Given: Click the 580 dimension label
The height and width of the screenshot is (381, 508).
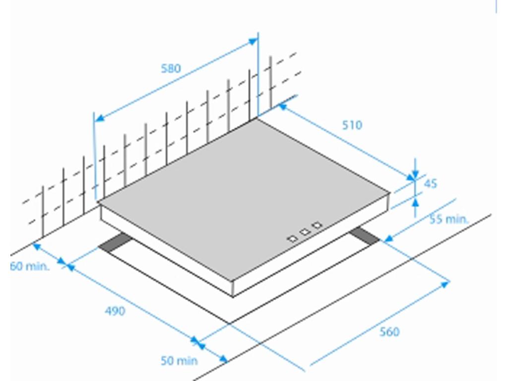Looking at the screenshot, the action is pos(171,68).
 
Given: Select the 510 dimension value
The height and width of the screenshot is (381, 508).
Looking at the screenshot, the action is pos(352,125).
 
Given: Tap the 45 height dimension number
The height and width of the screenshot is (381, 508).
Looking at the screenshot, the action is pos(430,184).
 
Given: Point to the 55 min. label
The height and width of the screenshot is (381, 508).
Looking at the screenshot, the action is pos(449,219).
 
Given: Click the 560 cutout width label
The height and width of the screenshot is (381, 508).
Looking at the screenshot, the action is pos(389,332).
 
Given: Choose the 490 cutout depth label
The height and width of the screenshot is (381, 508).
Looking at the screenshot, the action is pos(115,311).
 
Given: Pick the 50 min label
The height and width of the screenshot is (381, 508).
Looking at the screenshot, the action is pos(179,361).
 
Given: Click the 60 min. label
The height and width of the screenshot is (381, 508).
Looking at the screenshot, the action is pos(30,266).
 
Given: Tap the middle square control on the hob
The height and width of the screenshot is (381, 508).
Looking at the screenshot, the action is pos(305,232).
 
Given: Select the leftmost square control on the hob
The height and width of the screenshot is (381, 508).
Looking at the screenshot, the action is pos(292,239).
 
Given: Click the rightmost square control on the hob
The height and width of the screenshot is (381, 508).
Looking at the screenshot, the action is pos(317,225).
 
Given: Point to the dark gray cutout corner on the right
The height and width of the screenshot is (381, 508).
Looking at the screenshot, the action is pos(365,236).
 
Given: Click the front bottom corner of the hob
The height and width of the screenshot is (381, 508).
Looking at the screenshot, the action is pos(233,296).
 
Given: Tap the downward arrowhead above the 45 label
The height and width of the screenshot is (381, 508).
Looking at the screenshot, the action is pos(415,174).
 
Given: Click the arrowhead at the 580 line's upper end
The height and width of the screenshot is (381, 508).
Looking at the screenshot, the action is pos(253,41).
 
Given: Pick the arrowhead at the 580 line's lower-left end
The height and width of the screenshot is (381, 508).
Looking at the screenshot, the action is pos(99,118).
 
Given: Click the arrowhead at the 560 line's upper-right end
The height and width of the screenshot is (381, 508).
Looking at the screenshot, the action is pos(444,284).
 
